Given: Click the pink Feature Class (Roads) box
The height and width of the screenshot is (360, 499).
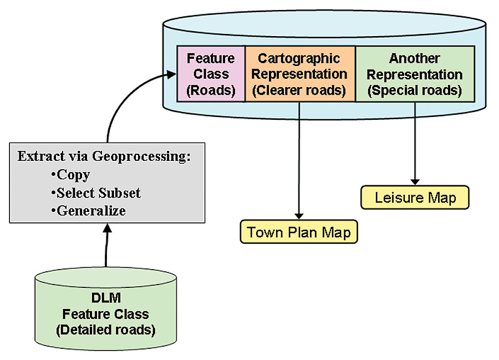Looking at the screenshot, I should (x=211, y=74).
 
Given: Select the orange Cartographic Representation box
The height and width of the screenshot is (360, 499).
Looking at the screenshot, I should (x=299, y=74).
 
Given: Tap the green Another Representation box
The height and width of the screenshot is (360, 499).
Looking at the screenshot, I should (x=414, y=74).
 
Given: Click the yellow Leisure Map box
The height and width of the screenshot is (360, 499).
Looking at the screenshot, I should (x=415, y=197).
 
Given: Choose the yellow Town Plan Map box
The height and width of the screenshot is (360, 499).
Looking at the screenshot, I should (x=299, y=231).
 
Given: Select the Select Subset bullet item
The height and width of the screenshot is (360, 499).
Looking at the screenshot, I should (x=98, y=192).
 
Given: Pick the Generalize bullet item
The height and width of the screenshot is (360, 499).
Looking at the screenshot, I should (x=91, y=210).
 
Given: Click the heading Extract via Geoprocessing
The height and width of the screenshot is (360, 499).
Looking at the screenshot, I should (x=104, y=156).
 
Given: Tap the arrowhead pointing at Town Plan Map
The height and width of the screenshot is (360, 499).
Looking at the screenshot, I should (x=299, y=215).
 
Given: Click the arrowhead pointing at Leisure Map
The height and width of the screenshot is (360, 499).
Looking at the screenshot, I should (x=415, y=181).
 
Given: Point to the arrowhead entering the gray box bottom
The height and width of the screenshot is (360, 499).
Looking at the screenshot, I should (x=107, y=228).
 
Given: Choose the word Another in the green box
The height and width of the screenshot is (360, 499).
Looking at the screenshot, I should (x=415, y=58).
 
